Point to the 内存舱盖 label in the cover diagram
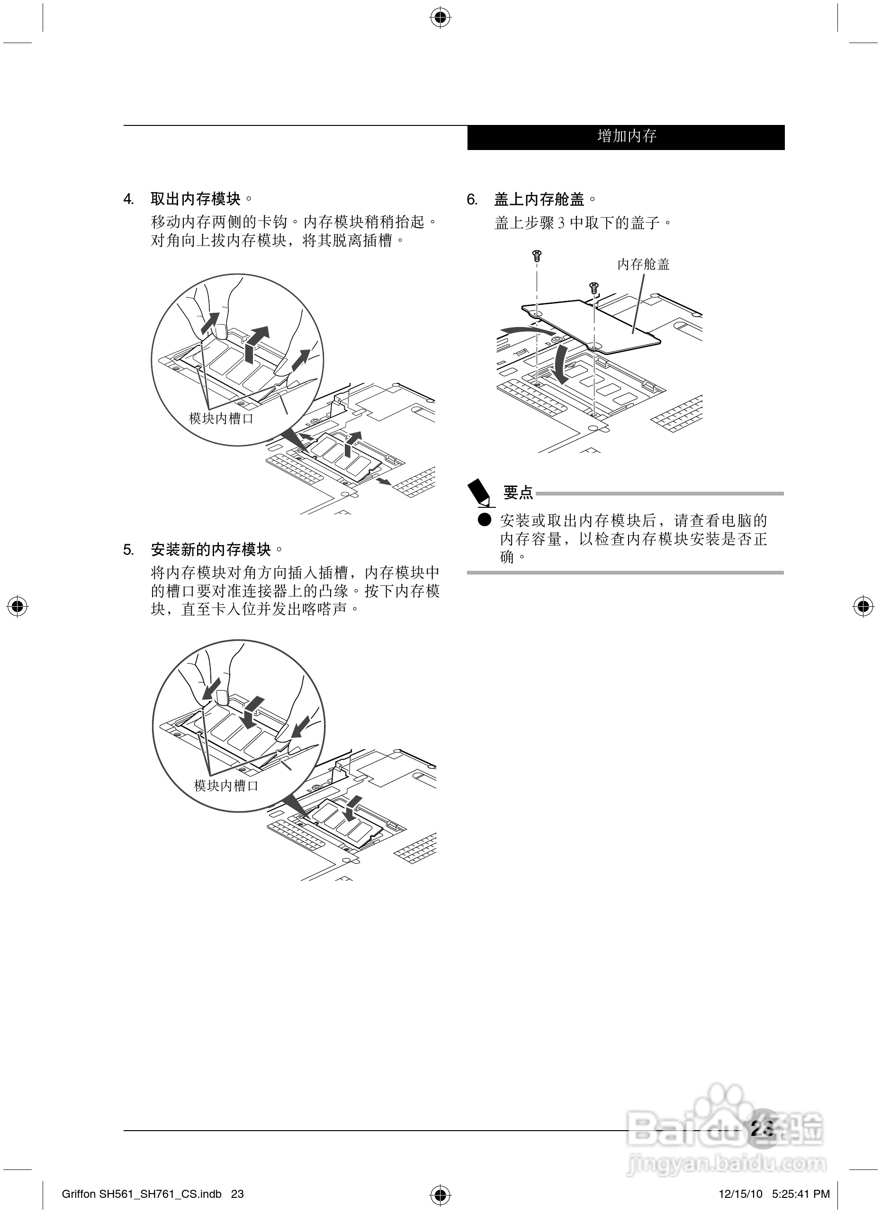[643, 264]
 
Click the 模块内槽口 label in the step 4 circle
[221, 418]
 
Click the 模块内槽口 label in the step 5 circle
[226, 786]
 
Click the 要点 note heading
[518, 493]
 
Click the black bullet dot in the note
[485, 519]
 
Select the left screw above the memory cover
[537, 256]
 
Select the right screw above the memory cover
[593, 288]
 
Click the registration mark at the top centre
[440, 18]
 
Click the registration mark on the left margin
[18, 607]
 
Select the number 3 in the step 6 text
[561, 223]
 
